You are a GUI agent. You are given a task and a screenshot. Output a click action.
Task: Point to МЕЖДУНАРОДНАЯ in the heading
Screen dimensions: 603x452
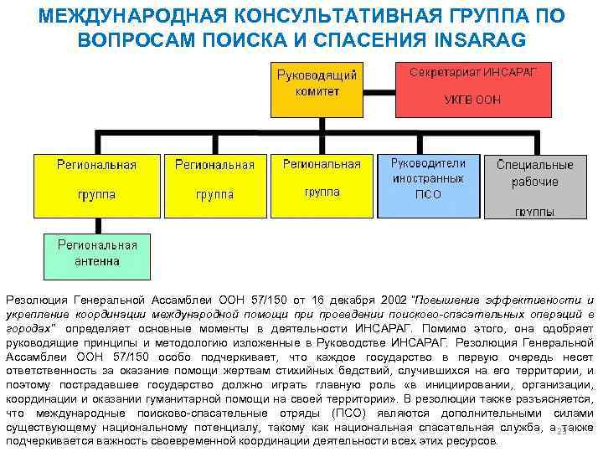pos(137,17)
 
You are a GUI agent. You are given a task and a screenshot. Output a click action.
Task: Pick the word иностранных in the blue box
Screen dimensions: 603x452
pos(428,178)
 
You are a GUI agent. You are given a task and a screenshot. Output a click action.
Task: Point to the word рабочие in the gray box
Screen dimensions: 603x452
pos(534,182)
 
